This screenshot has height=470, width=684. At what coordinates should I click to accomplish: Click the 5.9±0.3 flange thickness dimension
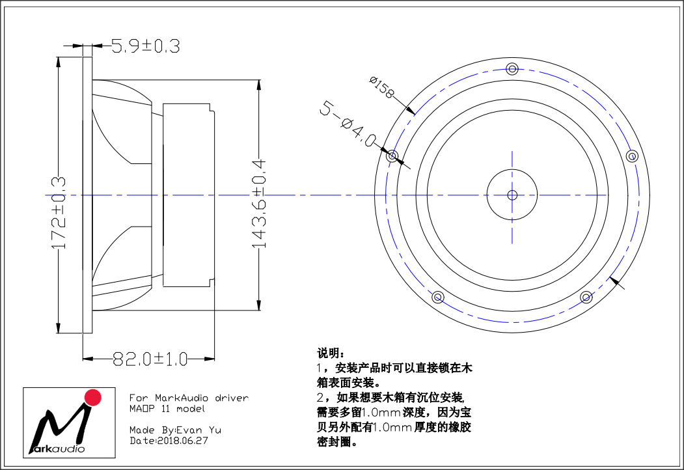[145, 46]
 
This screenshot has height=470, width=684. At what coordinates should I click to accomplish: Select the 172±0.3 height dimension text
[59, 212]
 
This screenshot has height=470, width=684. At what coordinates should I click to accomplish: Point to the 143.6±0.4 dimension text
[258, 204]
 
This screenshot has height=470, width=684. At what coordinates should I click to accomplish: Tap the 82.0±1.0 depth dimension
[150, 359]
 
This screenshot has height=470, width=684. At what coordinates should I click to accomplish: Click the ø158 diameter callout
[381, 87]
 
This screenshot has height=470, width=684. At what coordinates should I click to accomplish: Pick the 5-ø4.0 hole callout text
[348, 124]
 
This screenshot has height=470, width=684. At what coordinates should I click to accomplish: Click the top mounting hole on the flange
[512, 68]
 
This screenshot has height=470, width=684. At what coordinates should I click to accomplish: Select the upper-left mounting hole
[392, 156]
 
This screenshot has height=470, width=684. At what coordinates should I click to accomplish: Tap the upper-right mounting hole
[632, 156]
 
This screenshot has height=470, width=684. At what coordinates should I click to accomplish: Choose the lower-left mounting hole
[438, 297]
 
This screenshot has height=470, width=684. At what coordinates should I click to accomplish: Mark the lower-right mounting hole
[586, 297]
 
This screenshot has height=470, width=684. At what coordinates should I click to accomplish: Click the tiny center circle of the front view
[512, 195]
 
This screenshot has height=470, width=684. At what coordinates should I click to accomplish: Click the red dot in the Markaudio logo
[92, 398]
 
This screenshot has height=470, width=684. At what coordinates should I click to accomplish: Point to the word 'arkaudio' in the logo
[60, 449]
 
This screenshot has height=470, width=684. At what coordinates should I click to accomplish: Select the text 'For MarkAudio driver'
[189, 398]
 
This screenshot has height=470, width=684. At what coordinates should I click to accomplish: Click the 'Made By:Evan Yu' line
[175, 430]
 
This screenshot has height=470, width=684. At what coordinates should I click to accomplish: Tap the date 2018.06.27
[183, 441]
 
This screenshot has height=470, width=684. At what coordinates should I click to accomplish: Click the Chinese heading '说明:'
[331, 353]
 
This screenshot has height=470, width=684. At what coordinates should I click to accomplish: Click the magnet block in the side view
[189, 195]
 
